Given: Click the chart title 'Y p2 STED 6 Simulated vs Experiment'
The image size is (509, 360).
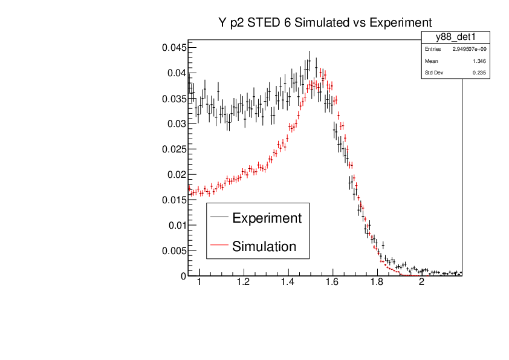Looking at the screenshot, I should (325, 22).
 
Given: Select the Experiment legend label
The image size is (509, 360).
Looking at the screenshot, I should (267, 218).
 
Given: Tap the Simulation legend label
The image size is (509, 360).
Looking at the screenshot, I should (264, 246).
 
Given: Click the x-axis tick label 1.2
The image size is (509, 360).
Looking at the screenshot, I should (243, 283).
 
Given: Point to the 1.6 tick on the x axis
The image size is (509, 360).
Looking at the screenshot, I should (332, 283).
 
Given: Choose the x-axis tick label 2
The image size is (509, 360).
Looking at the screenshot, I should (421, 283).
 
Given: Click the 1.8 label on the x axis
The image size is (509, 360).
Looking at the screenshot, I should (377, 283).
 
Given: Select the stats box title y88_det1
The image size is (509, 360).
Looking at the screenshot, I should (455, 38).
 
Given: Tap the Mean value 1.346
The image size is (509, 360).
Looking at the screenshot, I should (479, 61).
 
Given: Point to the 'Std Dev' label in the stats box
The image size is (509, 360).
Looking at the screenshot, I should (433, 73).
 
